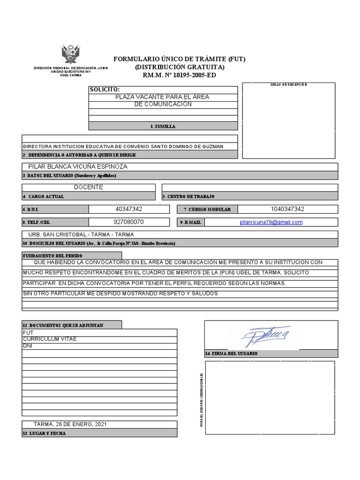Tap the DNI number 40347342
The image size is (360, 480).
128,209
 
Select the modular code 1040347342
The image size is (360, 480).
287,209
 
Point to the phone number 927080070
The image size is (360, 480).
128,222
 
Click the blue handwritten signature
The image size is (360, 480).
266,336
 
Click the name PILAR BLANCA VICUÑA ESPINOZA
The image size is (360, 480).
78,167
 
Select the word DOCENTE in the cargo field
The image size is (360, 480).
89,187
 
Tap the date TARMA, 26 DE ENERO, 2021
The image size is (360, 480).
70,424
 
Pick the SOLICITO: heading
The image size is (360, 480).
105,90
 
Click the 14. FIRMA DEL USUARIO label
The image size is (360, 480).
231,353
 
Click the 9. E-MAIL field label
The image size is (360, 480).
190,223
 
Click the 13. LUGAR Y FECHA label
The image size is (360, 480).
44,434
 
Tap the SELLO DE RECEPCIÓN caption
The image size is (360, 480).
289,84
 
